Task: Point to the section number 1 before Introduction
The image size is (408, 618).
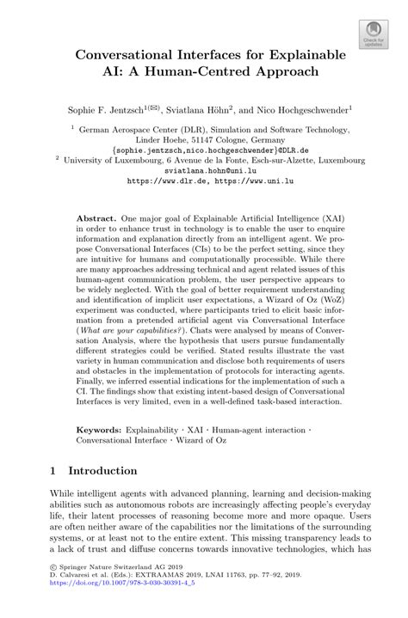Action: click(53, 471)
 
